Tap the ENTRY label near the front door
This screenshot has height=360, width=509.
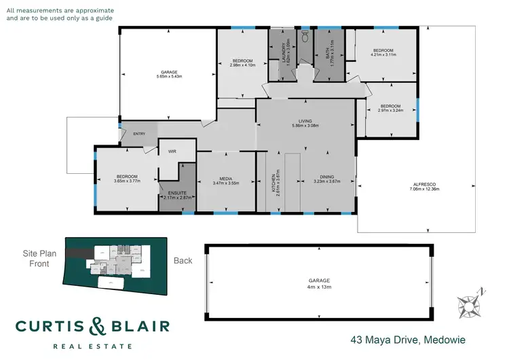point(139,134)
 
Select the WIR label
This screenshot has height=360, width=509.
point(172,152)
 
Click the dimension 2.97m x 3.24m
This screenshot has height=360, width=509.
point(390,111)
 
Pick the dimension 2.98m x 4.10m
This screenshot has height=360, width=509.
point(242,65)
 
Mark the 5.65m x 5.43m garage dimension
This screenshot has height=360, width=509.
point(169,76)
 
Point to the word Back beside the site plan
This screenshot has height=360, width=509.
point(183,260)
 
